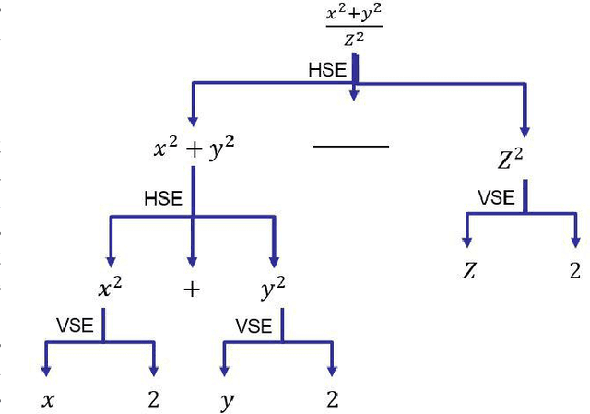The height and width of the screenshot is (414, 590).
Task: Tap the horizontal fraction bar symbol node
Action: (351, 146)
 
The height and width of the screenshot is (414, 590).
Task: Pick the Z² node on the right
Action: (510, 160)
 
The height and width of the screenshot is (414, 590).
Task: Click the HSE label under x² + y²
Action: (163, 198)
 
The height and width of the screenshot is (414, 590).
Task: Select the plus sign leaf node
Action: (192, 290)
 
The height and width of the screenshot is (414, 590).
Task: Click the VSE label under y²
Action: (254, 326)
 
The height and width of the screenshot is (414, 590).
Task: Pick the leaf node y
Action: (226, 402)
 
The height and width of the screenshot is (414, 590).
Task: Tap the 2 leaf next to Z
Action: (575, 271)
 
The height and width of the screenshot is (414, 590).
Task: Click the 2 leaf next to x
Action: (152, 400)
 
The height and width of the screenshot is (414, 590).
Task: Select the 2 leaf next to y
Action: (332, 400)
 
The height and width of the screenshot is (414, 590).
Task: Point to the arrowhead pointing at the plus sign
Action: (192, 261)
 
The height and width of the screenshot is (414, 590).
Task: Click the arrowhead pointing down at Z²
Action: (525, 130)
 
